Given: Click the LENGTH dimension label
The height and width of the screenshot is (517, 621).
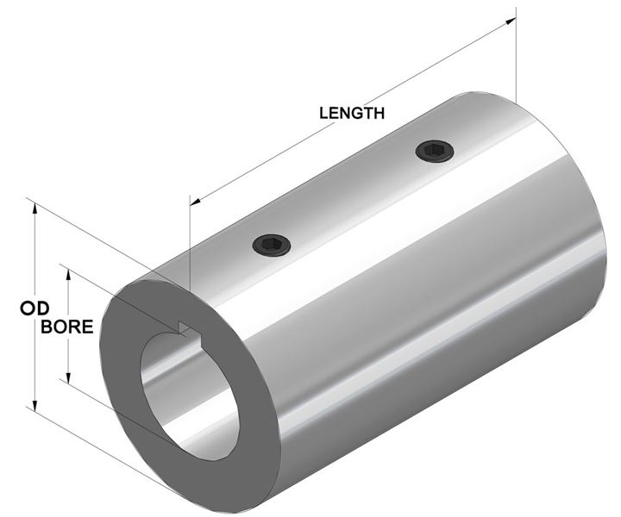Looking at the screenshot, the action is (352, 113).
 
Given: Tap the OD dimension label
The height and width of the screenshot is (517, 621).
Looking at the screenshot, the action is (34, 309).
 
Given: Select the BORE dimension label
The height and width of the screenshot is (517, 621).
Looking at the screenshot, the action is (67, 327).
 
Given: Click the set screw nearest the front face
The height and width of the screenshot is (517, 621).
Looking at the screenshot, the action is (272, 245).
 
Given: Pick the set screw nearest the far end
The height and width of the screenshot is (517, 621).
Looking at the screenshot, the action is (435, 151).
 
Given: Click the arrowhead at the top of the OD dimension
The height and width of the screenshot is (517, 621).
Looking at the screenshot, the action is (34, 209).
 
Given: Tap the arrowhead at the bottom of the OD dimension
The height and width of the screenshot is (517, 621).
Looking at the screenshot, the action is (34, 405).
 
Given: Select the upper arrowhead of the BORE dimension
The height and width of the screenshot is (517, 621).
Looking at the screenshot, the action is (68, 276).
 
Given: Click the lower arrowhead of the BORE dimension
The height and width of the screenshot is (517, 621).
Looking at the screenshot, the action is (68, 377).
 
